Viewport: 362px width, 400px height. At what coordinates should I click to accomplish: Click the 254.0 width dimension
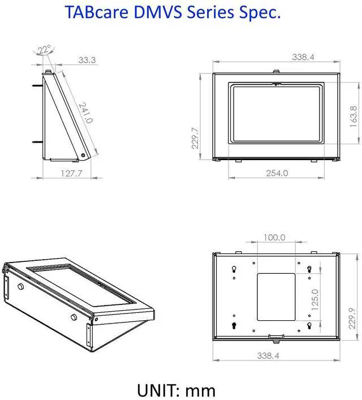coord(278,173)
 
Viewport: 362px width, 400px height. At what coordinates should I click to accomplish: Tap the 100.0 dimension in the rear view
coord(275,238)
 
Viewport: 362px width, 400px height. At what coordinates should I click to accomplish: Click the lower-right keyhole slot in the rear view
coord(309,325)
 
